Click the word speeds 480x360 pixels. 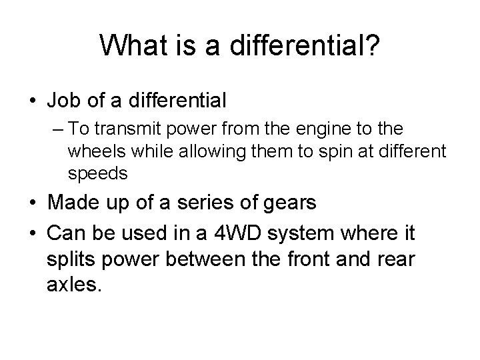click(97, 173)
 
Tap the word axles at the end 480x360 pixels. click(75, 285)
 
